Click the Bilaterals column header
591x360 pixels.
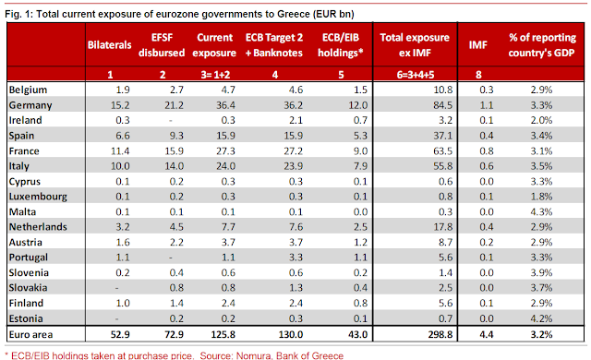tap(109, 45)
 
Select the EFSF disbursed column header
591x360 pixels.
tap(162, 45)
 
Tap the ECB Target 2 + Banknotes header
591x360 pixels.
tap(274, 45)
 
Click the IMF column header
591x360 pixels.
tap(478, 45)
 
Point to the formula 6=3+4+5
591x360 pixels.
tap(416, 75)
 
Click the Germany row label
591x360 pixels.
tap(30, 105)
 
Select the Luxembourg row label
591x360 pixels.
tap(38, 197)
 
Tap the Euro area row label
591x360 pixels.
tap(30, 334)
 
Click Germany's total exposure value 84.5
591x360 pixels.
tap(442, 105)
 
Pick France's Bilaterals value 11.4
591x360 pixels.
tap(120, 151)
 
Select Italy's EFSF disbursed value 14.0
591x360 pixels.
tap(175, 166)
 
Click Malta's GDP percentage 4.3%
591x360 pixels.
tap(541, 211)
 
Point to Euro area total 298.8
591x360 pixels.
tap(440, 334)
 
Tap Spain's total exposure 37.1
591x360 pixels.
tap(442, 136)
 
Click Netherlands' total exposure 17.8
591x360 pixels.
tap(442, 227)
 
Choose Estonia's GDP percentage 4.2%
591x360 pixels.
tap(541, 318)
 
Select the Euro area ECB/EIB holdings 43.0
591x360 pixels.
tap(357, 334)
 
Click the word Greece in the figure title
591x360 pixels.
tap(294, 15)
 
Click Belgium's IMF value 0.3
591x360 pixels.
tap(487, 90)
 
